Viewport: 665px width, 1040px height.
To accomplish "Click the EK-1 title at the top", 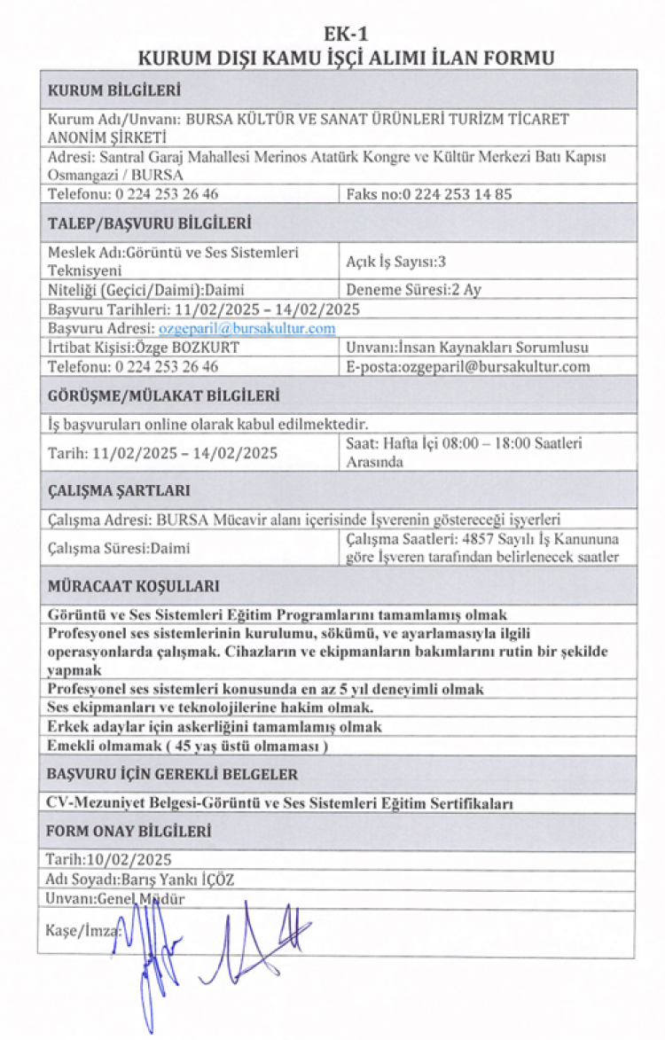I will pyautogui.click(x=347, y=35).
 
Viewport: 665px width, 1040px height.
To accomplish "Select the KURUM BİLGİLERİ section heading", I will pyautogui.click(x=114, y=90).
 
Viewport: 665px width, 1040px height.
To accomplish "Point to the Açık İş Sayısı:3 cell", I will pyautogui.click(x=395, y=261).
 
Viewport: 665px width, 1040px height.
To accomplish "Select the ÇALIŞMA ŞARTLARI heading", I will pyautogui.click(x=119, y=490).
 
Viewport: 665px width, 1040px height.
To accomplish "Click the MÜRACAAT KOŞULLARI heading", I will pyautogui.click(x=133, y=586).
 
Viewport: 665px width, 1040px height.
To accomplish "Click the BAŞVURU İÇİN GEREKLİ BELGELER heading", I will pyautogui.click(x=172, y=774).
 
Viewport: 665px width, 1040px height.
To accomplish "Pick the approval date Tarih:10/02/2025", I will pyautogui.click(x=108, y=859).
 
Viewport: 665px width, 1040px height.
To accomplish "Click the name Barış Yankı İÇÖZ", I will pyautogui.click(x=185, y=880).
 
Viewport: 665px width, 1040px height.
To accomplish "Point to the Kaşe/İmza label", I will pyautogui.click(x=81, y=930).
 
